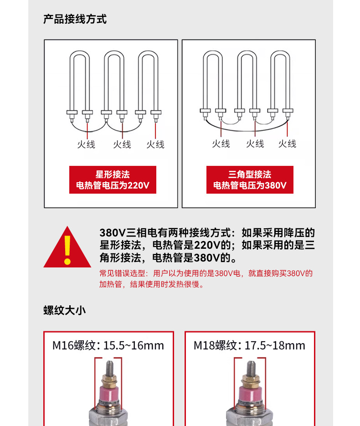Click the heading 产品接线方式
pyautogui.click(x=75, y=19)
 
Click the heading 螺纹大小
pyautogui.click(x=64, y=310)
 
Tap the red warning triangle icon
pyautogui.click(x=67, y=248)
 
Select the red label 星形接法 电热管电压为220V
pyautogui.click(x=113, y=180)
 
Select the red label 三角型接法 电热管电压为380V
pyautogui.click(x=250, y=180)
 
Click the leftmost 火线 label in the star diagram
pyautogui.click(x=86, y=144)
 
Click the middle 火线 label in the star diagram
pyautogui.click(x=122, y=144)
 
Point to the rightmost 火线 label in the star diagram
pyautogui.click(x=155, y=144)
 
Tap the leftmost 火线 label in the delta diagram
pyautogui.click(x=221, y=144)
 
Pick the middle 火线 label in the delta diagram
pyautogui.click(x=255, y=144)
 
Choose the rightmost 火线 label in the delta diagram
pyautogui.click(x=287, y=144)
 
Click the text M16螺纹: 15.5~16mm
pyautogui.click(x=108, y=345)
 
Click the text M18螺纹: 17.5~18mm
pyautogui.click(x=249, y=345)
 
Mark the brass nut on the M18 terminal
pyautogui.click(x=250, y=379)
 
